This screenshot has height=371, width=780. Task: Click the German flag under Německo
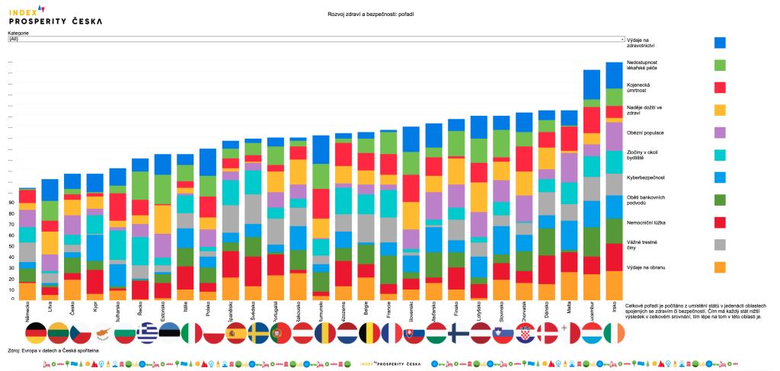tap(36, 333)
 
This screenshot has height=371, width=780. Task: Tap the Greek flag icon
tap(147, 333)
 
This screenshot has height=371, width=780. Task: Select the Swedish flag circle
tap(258, 333)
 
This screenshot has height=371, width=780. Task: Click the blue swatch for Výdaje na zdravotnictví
tap(720, 43)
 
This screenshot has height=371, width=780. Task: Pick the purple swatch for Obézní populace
tap(720, 133)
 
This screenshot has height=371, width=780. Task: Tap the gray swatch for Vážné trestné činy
tap(720, 245)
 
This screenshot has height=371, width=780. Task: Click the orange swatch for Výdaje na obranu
tap(720, 267)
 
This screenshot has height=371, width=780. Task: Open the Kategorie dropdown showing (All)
tap(316, 39)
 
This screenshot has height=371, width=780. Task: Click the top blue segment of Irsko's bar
tap(614, 75)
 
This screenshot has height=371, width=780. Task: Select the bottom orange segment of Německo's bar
tap(27, 290)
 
